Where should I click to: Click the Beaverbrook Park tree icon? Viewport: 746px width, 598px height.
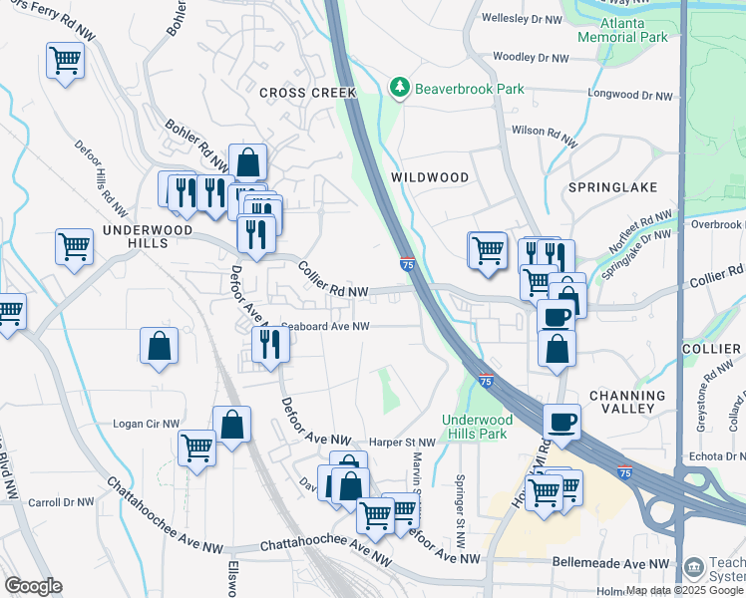tap(400, 89)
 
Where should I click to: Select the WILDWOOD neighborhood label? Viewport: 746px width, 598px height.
tap(430, 177)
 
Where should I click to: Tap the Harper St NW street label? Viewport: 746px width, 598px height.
tap(403, 443)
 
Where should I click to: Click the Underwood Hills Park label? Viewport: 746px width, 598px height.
tap(475, 426)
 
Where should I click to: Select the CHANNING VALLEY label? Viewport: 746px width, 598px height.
tap(627, 402)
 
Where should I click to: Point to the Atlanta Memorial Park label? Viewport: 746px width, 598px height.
tap(622, 29)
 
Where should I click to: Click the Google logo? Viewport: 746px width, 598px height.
tap(34, 586)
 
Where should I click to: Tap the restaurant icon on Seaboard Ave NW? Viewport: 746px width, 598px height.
tap(270, 344)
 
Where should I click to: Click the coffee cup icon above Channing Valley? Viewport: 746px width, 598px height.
tap(562, 421)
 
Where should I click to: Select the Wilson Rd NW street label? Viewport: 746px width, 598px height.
tap(544, 131)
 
